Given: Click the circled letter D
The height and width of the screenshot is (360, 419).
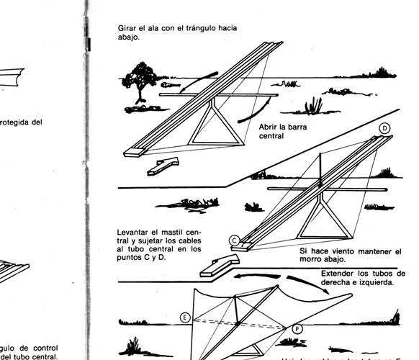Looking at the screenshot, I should (385, 128).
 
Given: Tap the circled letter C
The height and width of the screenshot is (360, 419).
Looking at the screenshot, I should (235, 240).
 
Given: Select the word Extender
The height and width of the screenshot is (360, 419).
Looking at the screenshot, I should (340, 274).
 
